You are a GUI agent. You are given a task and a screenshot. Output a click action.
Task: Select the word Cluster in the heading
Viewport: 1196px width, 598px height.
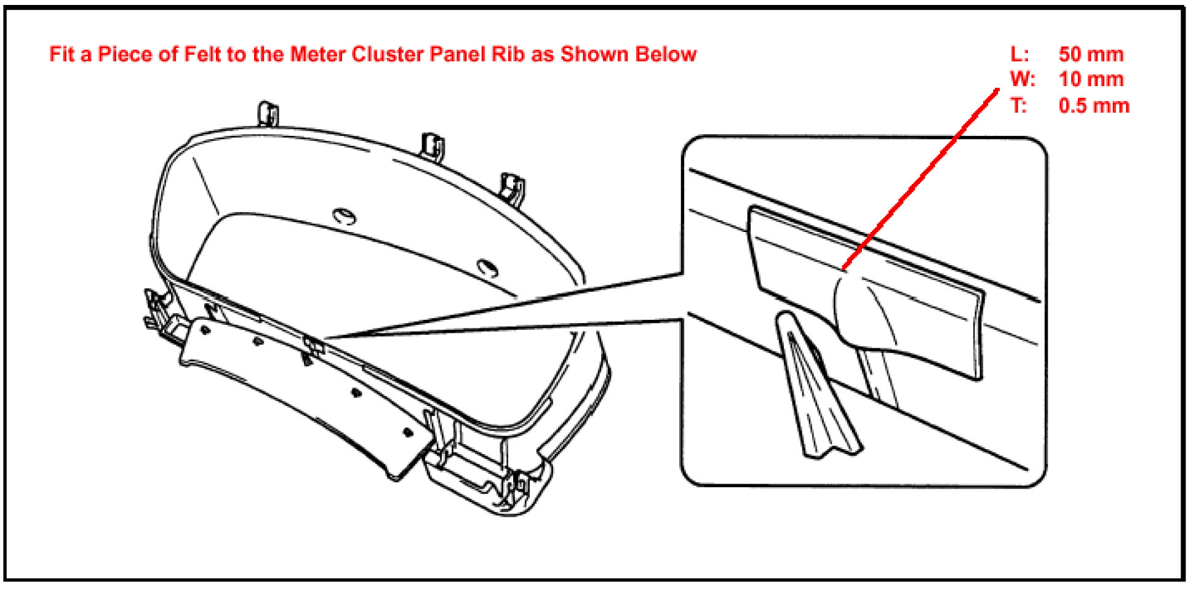(388, 55)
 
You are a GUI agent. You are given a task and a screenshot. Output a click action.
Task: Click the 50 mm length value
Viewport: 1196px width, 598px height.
(1091, 55)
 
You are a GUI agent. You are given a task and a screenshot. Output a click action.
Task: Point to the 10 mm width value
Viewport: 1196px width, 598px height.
(1091, 80)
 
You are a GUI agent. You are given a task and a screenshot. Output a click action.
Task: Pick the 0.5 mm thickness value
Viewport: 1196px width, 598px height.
(1093, 106)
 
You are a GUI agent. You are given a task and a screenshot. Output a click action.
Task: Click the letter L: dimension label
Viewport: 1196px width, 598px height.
(1019, 55)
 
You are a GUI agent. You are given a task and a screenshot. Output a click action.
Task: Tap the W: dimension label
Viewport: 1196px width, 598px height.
(1022, 80)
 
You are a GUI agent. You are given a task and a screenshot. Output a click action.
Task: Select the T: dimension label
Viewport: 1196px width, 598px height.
(1019, 106)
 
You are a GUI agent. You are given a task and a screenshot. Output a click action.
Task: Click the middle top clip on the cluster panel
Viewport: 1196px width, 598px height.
(433, 145)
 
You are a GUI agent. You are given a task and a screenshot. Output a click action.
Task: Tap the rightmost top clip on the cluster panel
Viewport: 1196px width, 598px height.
(512, 188)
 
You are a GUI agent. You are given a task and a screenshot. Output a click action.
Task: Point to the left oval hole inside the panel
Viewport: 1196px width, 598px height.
(345, 216)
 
